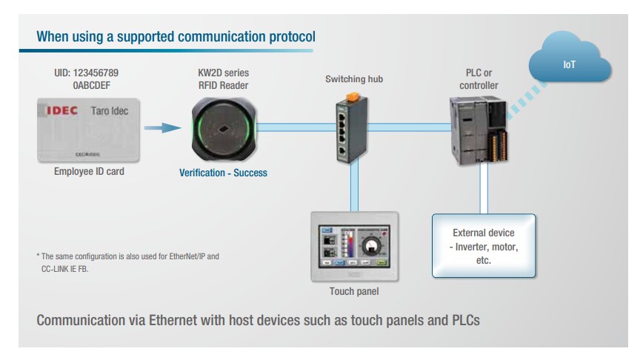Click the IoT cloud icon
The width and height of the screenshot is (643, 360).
coord(569,66)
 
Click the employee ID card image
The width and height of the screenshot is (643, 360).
coord(88,131)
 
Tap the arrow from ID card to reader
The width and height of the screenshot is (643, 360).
coord(161,128)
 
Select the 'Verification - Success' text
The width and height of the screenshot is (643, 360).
coord(223,173)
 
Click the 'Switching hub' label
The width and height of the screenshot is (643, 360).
coord(354,79)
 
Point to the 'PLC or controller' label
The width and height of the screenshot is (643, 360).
coord(477,79)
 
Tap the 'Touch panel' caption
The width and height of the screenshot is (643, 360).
coord(354,291)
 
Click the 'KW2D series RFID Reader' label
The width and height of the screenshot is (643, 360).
coord(223,79)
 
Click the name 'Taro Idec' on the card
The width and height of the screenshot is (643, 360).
coord(113,111)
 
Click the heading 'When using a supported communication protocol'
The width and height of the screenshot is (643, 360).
coord(176,36)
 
